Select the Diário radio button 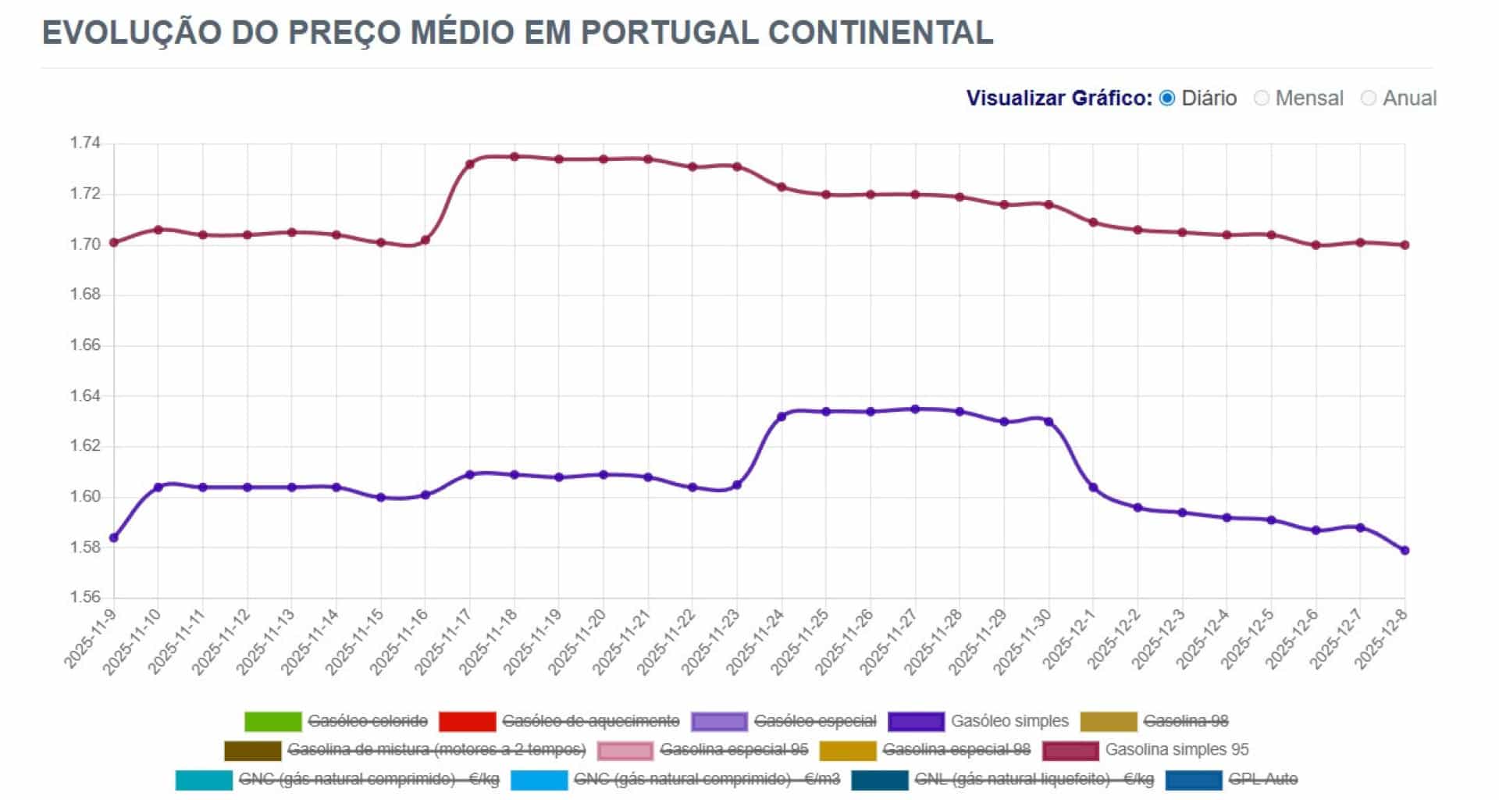click(x=1167, y=98)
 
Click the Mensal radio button click(x=1262, y=98)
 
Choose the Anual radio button click(x=1368, y=98)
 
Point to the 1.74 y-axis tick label click(x=85, y=143)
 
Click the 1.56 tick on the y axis click(x=85, y=598)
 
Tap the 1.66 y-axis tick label click(x=85, y=345)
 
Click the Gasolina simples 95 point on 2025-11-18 click(x=515, y=156)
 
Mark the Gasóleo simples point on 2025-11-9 click(x=114, y=537)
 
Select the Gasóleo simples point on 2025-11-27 click(x=915, y=409)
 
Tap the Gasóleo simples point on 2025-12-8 click(x=1405, y=550)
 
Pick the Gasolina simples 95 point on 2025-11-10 click(x=158, y=230)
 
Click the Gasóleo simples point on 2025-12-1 click(x=1093, y=487)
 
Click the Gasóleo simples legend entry click(x=1009, y=721)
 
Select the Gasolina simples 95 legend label click(x=1177, y=750)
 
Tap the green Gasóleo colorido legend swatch click(x=272, y=721)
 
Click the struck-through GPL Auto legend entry click(x=1262, y=779)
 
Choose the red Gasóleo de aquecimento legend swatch click(x=467, y=721)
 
